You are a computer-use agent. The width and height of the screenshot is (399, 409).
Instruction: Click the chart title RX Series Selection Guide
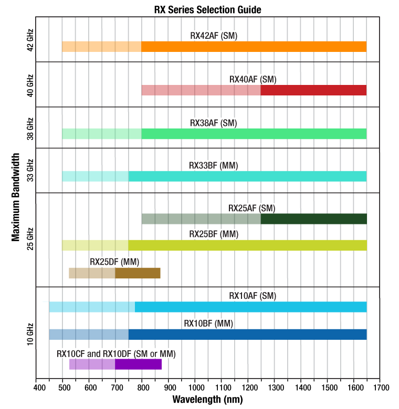(x=207, y=9)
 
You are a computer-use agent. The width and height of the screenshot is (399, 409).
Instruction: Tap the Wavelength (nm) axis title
(x=207, y=400)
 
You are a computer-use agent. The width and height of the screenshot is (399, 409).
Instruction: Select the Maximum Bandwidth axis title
(x=16, y=197)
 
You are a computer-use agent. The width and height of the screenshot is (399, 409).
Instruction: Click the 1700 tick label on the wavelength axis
(x=380, y=388)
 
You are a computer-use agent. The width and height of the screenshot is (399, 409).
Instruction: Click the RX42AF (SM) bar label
(x=214, y=36)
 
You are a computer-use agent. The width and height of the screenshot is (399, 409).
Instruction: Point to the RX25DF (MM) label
(x=114, y=262)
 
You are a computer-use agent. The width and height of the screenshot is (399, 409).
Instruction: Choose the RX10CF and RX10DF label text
(x=116, y=354)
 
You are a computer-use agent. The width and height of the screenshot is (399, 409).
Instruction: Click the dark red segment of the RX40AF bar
(x=313, y=90)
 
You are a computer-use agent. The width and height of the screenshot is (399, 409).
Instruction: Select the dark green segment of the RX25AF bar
(x=313, y=219)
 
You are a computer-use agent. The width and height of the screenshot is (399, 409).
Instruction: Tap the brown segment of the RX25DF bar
(x=138, y=273)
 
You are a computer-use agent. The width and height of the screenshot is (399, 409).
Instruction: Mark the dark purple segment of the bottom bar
(x=138, y=364)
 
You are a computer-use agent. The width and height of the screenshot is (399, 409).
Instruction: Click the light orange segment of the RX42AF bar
(x=102, y=46)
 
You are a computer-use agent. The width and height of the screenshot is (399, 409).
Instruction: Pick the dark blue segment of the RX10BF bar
(x=247, y=334)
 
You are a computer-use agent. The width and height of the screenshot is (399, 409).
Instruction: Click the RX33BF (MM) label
(x=214, y=165)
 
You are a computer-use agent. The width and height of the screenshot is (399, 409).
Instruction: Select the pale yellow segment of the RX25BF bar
(x=95, y=245)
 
